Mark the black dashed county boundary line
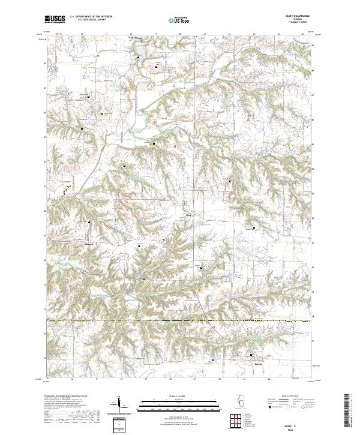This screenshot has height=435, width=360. (x=180, y=321)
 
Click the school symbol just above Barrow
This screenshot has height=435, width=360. (x=250, y=355)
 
